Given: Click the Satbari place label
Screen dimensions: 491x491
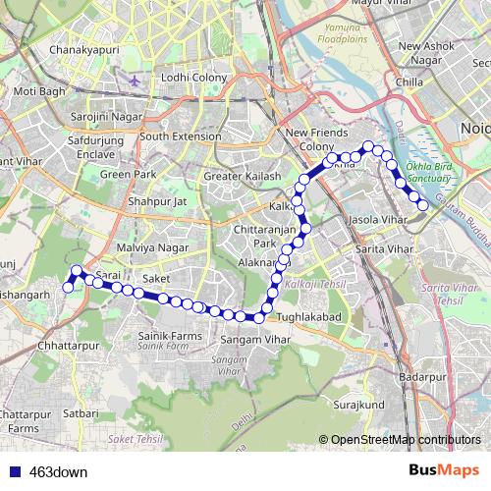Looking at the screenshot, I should coord(80,413).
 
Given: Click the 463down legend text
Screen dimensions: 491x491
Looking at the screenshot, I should coord(59,471).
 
